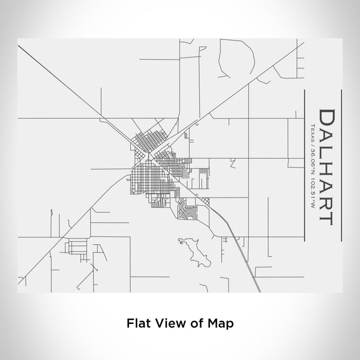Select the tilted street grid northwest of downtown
[x=149, y=139]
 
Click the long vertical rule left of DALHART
[x=305, y=165]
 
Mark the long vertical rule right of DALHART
[x=342, y=165]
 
